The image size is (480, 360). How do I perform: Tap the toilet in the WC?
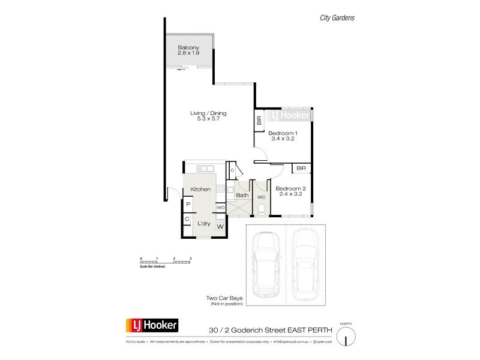click(262, 208)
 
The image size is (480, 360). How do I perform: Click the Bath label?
click(242, 195)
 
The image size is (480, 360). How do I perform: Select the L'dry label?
click(203, 224)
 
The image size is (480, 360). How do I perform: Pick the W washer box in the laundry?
click(220, 227)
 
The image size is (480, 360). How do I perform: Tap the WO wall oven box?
click(220, 208)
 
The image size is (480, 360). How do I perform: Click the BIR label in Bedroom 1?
click(259, 121)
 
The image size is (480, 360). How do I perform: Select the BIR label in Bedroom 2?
click(301, 169)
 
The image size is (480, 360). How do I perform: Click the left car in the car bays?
click(266, 265)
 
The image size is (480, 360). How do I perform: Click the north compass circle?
click(346, 338)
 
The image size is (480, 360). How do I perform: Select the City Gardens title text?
click(337, 18)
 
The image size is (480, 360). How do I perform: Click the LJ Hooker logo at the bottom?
click(151, 326)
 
